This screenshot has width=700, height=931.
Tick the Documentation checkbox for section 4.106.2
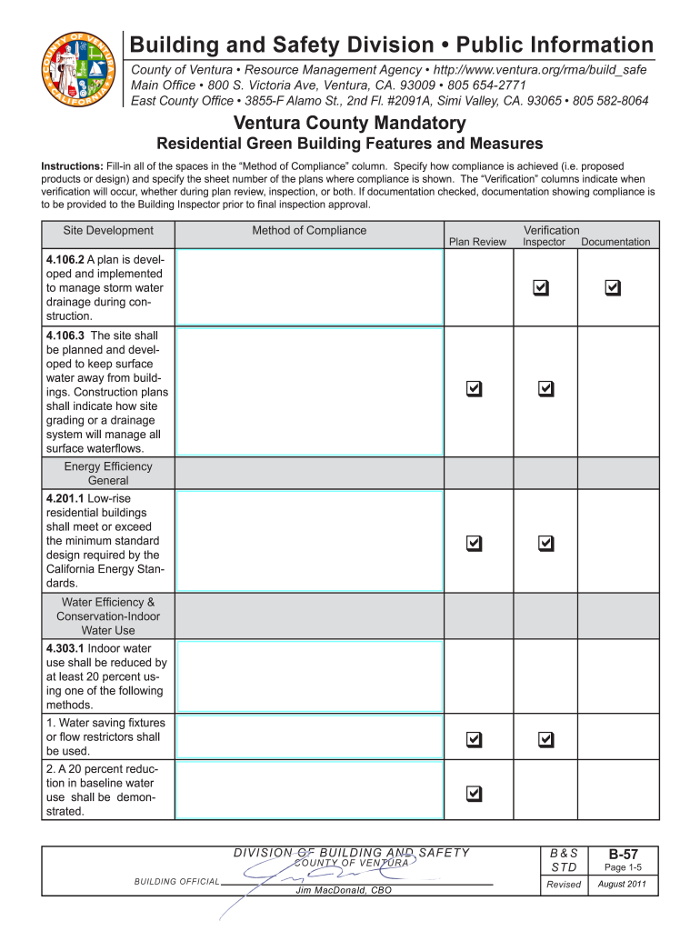click(x=613, y=287)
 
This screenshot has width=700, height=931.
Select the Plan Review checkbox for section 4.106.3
click(x=474, y=388)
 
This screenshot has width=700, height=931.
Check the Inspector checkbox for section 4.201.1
click(x=545, y=543)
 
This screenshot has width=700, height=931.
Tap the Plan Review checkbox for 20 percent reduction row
click(x=474, y=794)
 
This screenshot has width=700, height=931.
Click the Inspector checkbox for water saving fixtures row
click(x=545, y=739)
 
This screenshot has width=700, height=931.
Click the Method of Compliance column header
click(x=309, y=231)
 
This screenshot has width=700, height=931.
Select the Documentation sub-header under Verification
click(x=615, y=242)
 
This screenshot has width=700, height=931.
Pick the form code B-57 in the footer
click(x=623, y=855)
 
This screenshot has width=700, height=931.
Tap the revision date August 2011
click(x=623, y=885)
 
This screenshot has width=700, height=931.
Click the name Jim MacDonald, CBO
click(x=344, y=891)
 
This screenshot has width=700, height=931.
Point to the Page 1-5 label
click(x=623, y=868)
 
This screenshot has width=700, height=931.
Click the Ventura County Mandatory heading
click(x=349, y=123)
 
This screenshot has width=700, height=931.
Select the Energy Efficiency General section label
click(x=108, y=473)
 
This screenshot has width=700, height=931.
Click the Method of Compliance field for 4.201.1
click(x=309, y=543)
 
